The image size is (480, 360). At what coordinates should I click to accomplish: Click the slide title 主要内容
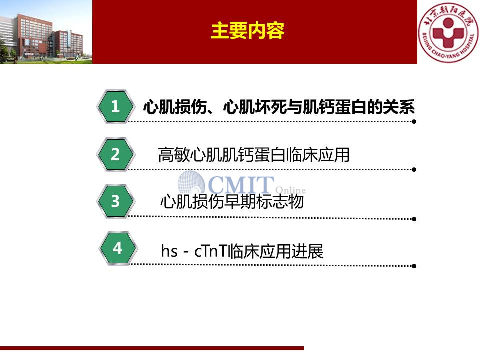(x=247, y=30)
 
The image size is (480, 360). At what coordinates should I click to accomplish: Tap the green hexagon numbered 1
(x=115, y=106)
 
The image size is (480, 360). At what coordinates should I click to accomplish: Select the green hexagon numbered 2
(x=115, y=154)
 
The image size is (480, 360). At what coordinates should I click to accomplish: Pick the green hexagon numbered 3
(x=115, y=201)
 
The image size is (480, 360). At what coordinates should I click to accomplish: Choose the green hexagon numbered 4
(x=118, y=248)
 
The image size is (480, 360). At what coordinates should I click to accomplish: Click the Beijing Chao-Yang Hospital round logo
(x=448, y=32)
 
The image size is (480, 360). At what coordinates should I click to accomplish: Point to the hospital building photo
(x=46, y=32)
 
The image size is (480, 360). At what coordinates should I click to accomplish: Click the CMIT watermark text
(x=241, y=185)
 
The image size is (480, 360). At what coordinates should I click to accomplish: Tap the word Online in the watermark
(x=290, y=190)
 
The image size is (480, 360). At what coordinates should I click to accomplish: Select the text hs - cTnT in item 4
(x=195, y=251)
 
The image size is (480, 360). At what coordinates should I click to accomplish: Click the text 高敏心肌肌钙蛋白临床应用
(x=254, y=155)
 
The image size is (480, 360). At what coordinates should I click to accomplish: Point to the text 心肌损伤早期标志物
(x=232, y=202)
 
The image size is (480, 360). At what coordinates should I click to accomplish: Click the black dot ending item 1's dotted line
(x=414, y=122)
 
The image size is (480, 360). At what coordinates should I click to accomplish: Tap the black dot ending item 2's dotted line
(x=414, y=170)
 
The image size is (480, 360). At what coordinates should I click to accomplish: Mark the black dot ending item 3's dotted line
(x=414, y=219)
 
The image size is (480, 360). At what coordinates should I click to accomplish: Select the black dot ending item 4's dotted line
(x=414, y=266)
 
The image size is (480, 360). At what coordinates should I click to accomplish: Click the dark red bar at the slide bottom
(x=152, y=348)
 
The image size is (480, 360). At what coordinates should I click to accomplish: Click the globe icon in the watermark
(x=192, y=182)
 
